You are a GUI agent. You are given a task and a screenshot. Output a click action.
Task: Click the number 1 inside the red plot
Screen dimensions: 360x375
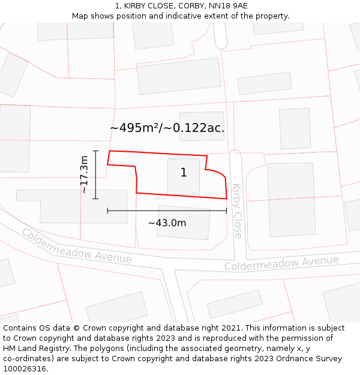[x=184, y=173]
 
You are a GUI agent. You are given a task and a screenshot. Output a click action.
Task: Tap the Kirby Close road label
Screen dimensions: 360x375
[x=238, y=211]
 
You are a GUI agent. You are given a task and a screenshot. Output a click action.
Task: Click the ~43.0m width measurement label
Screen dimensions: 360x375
[x=167, y=223]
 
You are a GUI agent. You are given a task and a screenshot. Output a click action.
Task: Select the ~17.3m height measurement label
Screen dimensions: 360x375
[x=84, y=174]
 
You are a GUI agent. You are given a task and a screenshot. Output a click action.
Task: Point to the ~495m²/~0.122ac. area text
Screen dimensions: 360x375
[x=167, y=128]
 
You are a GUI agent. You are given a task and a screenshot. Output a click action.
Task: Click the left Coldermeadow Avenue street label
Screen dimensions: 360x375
[x=77, y=246]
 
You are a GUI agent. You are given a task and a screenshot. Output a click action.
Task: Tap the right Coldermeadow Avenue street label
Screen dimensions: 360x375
[x=281, y=263]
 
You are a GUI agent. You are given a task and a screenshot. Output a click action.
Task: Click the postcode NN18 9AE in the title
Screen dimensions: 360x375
[x=227, y=6]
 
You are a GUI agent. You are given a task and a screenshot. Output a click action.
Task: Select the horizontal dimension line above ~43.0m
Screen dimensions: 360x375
[x=167, y=211]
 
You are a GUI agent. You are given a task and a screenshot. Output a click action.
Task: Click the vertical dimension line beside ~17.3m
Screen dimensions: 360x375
[x=96, y=174]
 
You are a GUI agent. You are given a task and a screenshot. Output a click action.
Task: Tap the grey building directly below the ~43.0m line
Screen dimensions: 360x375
[x=184, y=223]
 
